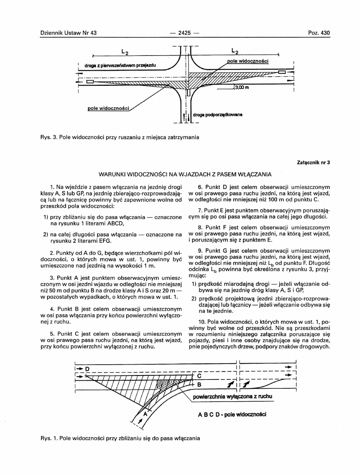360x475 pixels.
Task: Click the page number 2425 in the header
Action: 184,33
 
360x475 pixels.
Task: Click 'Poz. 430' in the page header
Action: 319,33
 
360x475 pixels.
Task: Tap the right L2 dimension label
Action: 234,51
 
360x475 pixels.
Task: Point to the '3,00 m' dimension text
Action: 242,88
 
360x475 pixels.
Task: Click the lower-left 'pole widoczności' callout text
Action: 108,108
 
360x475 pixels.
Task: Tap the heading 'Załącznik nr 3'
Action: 313,162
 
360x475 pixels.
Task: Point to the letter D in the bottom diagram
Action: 87,369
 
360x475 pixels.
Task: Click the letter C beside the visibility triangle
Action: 199,376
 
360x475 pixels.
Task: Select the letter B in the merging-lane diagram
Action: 199,385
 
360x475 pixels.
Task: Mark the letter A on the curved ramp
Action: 145,415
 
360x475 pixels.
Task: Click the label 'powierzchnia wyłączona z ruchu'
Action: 232,397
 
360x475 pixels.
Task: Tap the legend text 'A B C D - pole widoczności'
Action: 232,414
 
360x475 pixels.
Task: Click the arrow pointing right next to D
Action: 79,369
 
